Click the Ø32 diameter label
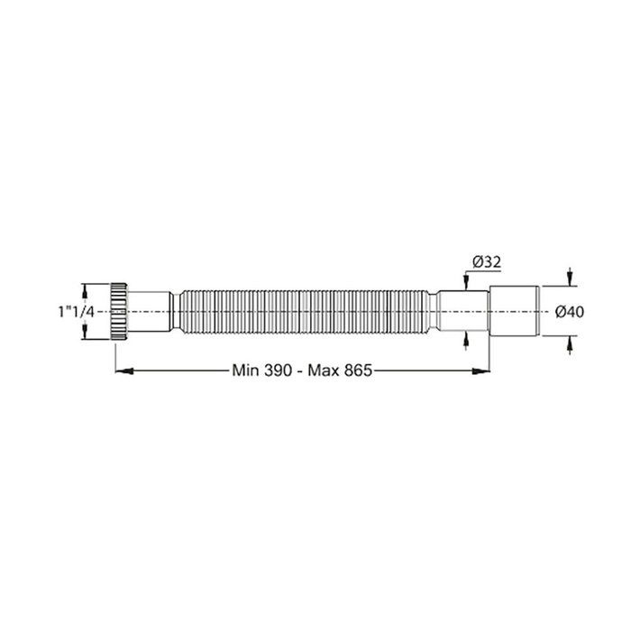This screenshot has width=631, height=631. pyautogui.click(x=485, y=262)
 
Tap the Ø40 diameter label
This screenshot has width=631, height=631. pyautogui.click(x=571, y=311)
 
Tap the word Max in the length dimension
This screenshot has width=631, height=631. pyautogui.click(x=321, y=369)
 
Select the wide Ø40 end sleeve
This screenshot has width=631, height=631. pyautogui.click(x=515, y=311)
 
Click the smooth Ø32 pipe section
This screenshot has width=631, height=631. pyautogui.click(x=464, y=311)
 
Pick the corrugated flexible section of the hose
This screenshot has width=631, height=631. pyautogui.click(x=306, y=311)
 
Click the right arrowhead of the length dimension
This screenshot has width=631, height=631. pyautogui.click(x=483, y=369)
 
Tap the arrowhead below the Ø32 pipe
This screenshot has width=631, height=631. pyautogui.click(x=465, y=338)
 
